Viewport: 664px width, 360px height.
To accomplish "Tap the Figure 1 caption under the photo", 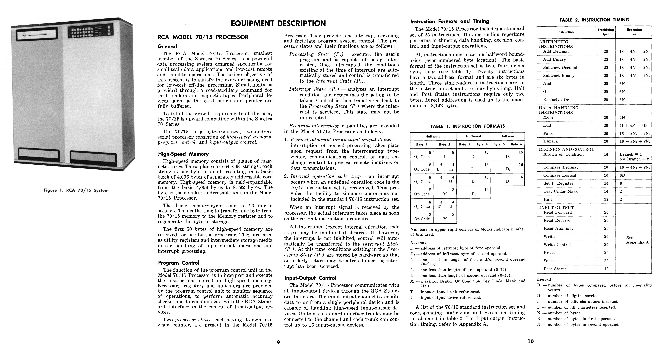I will coord(76,190).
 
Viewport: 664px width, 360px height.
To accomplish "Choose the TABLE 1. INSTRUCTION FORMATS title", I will coord(468,126).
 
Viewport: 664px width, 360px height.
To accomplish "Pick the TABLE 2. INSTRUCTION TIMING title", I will coord(594,20).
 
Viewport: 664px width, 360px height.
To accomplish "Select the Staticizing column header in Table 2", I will coord(606,32).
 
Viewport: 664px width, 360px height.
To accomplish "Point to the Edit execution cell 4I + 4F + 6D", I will coord(633,125).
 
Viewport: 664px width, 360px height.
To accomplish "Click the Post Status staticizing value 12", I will coord(606,269).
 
